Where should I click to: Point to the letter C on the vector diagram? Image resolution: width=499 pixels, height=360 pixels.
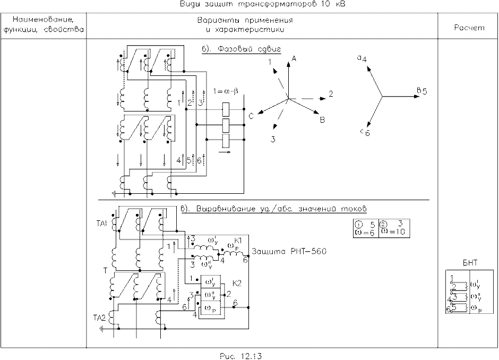click(x=251, y=114)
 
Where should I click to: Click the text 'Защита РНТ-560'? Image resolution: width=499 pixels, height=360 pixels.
click(x=288, y=251)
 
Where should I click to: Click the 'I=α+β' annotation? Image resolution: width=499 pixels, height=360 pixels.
click(x=225, y=91)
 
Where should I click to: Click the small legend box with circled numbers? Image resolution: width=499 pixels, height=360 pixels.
click(x=381, y=227)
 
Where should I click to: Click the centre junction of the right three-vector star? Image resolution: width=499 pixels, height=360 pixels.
click(x=383, y=96)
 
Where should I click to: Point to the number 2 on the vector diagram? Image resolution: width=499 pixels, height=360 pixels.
click(x=330, y=93)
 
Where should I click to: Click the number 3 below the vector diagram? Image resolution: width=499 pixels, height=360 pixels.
click(x=273, y=139)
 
